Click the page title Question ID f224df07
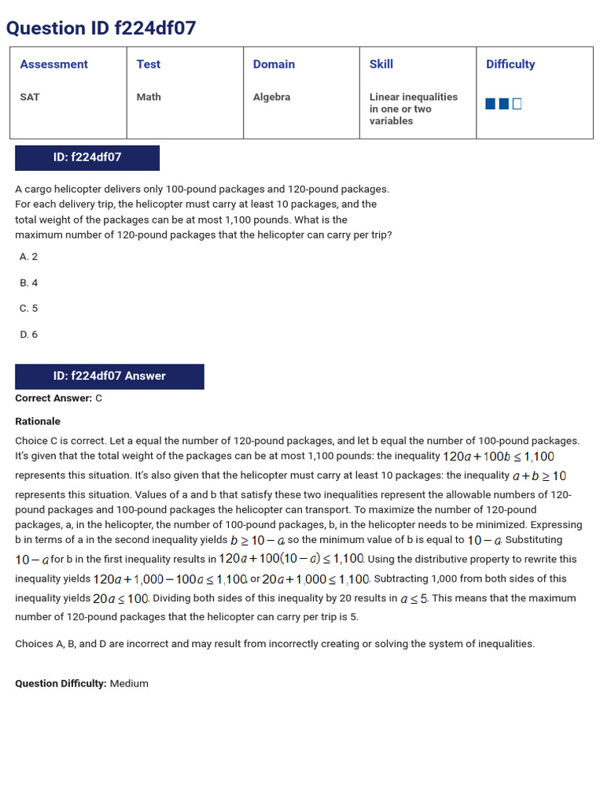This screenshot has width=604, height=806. (101, 28)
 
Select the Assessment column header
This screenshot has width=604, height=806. (53, 65)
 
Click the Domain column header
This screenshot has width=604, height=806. (274, 65)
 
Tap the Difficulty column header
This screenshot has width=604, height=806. (510, 65)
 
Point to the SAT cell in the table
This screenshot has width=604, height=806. (30, 97)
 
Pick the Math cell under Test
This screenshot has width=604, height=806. (149, 97)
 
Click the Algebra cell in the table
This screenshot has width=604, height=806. (271, 97)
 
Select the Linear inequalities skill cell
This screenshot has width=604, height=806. (413, 109)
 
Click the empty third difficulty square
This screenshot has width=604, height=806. (517, 104)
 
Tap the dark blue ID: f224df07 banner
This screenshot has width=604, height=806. (87, 157)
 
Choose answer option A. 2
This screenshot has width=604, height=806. (28, 257)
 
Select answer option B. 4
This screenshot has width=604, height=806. (28, 283)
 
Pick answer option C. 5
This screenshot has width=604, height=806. (28, 309)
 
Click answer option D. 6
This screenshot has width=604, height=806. (28, 335)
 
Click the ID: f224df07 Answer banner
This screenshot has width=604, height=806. (109, 376)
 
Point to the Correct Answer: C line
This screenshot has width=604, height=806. (59, 398)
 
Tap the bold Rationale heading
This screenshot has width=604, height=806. (38, 421)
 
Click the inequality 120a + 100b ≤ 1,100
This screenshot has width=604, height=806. (499, 457)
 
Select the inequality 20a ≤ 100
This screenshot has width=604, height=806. (121, 599)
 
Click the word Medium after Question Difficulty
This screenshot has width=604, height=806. (129, 683)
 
